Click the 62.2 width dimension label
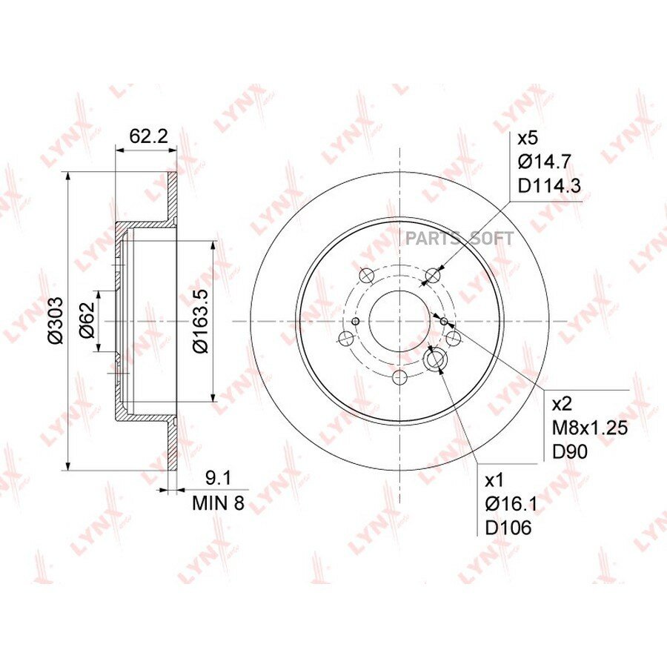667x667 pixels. click(x=148, y=136)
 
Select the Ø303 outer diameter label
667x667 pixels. click(x=56, y=321)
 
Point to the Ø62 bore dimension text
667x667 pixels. click(x=87, y=320)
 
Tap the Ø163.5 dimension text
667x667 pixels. click(x=200, y=321)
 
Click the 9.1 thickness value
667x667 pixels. click(x=218, y=479)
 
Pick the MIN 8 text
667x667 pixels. click(x=219, y=503)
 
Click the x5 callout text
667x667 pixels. click(x=528, y=139)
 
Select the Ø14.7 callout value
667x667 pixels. click(x=544, y=162)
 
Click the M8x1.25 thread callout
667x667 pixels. click(x=590, y=428)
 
